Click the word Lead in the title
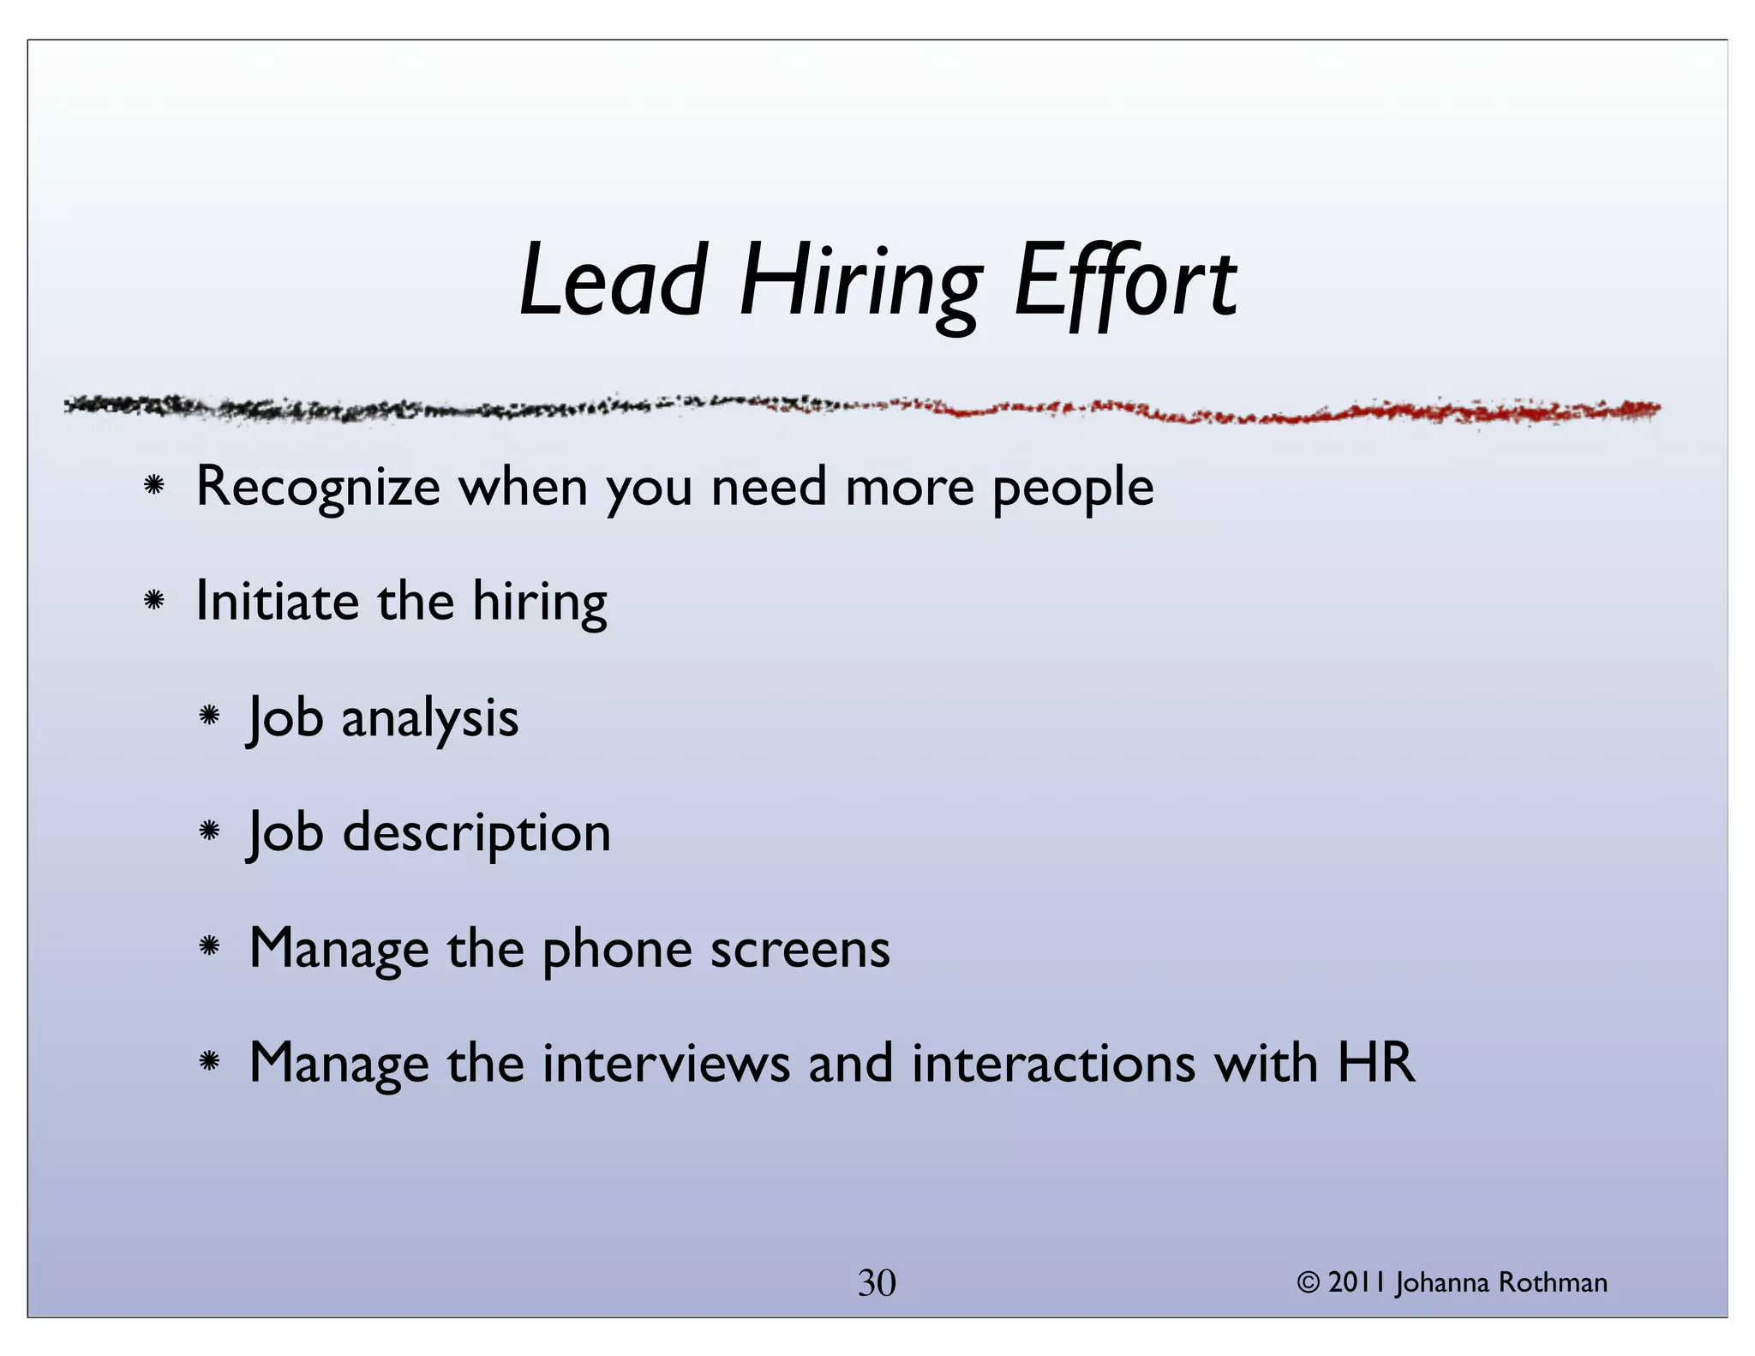click(x=612, y=280)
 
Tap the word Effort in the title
click(x=1125, y=280)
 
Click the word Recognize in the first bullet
click(x=318, y=487)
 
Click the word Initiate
click(x=277, y=601)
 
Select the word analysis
click(x=430, y=718)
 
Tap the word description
click(x=476, y=833)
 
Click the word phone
click(x=617, y=950)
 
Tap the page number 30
click(x=877, y=1283)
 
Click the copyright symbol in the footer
click(x=1309, y=1282)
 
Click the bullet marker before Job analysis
click(x=209, y=716)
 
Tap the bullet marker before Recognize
click(x=154, y=486)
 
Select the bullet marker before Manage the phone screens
click(x=209, y=947)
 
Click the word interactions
click(x=1054, y=1064)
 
